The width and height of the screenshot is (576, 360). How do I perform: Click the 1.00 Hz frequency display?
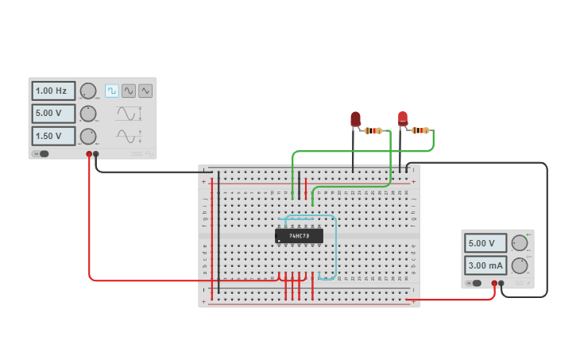tap(53, 91)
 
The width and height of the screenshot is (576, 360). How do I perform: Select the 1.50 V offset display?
tap(53, 136)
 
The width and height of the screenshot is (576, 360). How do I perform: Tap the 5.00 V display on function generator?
tap(53, 114)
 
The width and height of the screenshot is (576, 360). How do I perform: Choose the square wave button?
tap(111, 91)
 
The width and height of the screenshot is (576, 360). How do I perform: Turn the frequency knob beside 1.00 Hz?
tap(88, 91)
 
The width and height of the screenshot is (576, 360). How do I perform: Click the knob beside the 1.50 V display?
tap(88, 136)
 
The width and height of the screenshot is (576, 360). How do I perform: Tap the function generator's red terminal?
tap(89, 154)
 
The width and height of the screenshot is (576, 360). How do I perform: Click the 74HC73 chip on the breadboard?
tap(299, 236)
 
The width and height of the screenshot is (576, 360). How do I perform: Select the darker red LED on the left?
tap(355, 119)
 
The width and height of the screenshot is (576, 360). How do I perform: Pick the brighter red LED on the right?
tap(403, 118)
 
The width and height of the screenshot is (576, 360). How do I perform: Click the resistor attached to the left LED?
tap(373, 130)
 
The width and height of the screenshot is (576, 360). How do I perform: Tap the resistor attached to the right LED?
tap(420, 130)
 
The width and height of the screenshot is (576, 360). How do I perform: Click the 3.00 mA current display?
tap(485, 265)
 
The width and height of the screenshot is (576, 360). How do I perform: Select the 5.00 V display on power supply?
tap(485, 243)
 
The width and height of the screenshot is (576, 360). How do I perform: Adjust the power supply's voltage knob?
tap(520, 243)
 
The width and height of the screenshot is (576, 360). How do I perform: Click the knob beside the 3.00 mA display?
tap(520, 265)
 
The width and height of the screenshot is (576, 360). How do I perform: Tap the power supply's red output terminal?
tap(494, 283)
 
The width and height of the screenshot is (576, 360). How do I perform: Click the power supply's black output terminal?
tap(501, 283)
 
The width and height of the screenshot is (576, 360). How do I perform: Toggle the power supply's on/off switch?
tap(474, 283)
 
